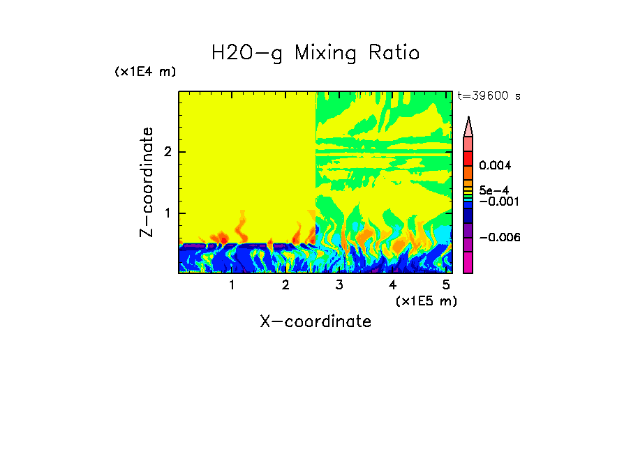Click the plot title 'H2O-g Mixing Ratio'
[315, 53]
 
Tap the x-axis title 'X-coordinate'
[315, 321]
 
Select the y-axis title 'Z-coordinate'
[147, 182]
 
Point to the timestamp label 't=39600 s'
[489, 96]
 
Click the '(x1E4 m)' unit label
[145, 72]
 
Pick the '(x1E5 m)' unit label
[426, 301]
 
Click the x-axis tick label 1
[232, 285]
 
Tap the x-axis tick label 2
[285, 285]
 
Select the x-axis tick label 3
[339, 285]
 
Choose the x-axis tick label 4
[392, 285]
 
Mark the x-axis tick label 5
[446, 285]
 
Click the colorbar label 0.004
[496, 166]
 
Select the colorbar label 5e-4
[493, 190]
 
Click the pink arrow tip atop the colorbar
[468, 126]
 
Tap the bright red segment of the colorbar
[468, 158]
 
